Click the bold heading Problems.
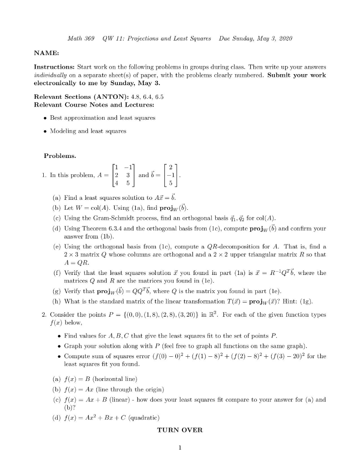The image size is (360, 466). (60, 156)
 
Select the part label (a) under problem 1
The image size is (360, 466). (55, 198)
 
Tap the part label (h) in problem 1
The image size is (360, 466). (55, 301)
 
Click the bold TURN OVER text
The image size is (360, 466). (180, 430)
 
